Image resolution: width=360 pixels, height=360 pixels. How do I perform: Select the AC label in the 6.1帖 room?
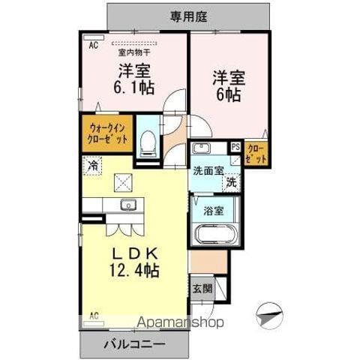[94, 45]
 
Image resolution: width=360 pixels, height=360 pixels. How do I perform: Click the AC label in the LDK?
[94, 315]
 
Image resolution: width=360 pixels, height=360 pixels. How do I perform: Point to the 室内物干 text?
[133, 52]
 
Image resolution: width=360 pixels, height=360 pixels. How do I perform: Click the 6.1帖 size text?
[133, 86]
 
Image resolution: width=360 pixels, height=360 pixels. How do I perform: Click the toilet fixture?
[148, 139]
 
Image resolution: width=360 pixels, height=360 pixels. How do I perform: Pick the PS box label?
[235, 148]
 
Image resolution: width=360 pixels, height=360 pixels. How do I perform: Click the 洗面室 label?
[208, 170]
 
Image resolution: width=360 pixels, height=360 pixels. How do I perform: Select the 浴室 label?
[212, 209]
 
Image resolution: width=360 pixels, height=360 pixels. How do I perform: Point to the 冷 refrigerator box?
[92, 165]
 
